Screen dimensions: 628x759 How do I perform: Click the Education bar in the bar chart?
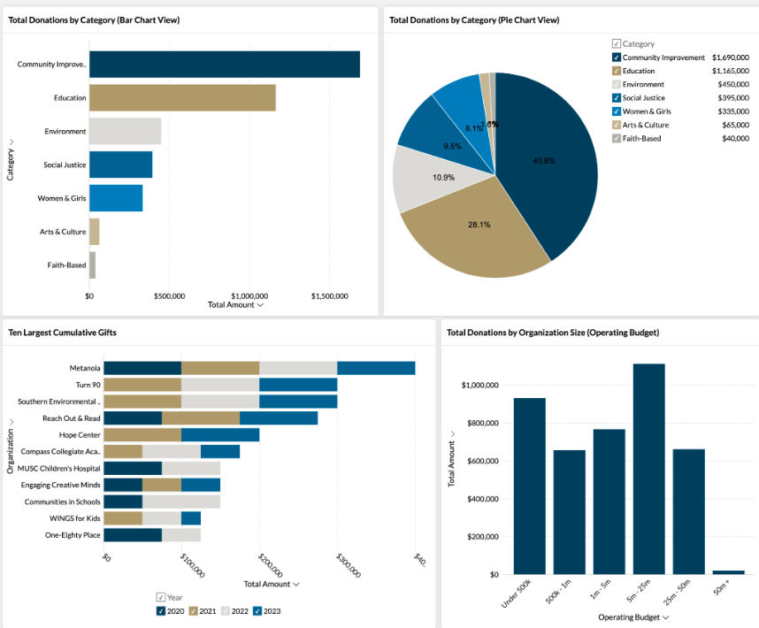[x=182, y=97]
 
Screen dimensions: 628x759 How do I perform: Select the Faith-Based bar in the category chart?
[x=92, y=265]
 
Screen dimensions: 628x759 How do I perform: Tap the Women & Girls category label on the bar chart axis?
[x=62, y=198]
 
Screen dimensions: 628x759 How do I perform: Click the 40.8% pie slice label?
[x=544, y=161]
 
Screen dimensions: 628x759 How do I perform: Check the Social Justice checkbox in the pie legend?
[x=617, y=98]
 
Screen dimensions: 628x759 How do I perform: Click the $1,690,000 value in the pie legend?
[x=731, y=57]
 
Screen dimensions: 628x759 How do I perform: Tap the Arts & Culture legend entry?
[x=645, y=125]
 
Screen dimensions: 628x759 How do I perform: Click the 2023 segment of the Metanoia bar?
[x=376, y=368]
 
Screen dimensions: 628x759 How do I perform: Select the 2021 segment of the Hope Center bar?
[x=142, y=435]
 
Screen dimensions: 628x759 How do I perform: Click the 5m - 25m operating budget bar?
[x=648, y=469]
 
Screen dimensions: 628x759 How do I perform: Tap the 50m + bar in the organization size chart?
[x=728, y=572]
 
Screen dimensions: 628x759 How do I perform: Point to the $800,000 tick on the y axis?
[x=480, y=423]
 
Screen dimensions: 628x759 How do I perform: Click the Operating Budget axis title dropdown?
[x=633, y=617]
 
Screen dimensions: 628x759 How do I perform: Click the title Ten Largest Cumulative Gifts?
[x=62, y=333]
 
